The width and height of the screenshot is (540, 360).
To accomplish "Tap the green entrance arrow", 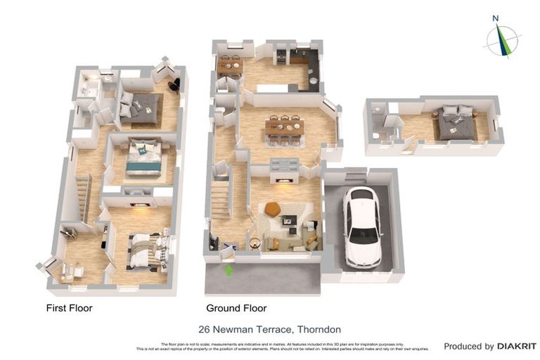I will click(228, 269).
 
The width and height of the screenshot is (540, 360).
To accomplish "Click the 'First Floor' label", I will click(69, 308).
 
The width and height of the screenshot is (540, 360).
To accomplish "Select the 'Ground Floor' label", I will click(236, 308).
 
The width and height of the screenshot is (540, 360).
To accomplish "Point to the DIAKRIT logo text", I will click(517, 346).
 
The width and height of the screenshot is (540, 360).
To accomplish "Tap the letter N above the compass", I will click(496, 19).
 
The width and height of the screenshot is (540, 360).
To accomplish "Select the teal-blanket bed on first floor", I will click(144, 159).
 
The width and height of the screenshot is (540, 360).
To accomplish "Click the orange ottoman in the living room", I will click(273, 209).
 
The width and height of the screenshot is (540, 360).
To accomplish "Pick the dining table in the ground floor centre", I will click(284, 129).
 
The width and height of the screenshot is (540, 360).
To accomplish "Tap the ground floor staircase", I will click(221, 197).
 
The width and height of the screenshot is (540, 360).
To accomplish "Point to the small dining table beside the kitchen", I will click(229, 66).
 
